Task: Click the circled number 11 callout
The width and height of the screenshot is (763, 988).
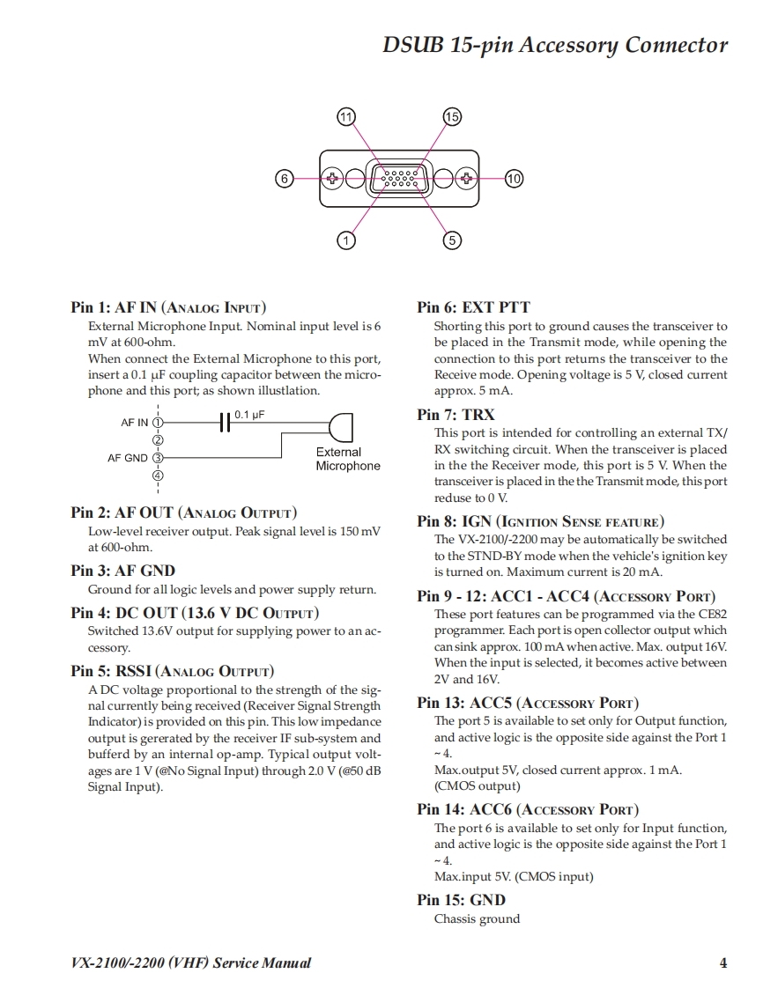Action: click(346, 117)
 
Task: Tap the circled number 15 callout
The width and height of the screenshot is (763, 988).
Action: click(452, 117)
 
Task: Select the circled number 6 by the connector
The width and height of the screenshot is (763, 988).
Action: click(284, 179)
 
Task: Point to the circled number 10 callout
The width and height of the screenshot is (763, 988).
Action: click(514, 179)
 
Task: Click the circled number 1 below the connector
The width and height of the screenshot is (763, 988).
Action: click(347, 240)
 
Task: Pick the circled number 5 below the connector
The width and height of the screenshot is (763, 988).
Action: click(452, 240)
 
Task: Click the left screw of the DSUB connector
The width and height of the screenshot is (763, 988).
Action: click(332, 179)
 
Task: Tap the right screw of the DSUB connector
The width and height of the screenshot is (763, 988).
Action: click(465, 179)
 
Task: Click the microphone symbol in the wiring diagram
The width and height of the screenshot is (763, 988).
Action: click(341, 427)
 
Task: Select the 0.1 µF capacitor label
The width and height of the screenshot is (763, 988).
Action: click(249, 413)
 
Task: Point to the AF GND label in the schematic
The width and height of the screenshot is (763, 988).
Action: click(128, 458)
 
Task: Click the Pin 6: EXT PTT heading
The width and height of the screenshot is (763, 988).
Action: click(473, 307)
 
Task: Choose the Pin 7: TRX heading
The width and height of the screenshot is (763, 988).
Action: click(456, 415)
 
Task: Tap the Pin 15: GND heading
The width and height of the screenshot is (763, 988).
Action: click(461, 900)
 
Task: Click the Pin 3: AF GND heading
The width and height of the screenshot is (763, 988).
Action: click(122, 571)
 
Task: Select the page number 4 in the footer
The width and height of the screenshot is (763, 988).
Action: click(723, 962)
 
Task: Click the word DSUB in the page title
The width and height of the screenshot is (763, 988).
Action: click(413, 45)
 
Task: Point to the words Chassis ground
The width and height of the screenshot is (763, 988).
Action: click(477, 919)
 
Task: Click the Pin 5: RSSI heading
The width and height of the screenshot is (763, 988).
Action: click(172, 671)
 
